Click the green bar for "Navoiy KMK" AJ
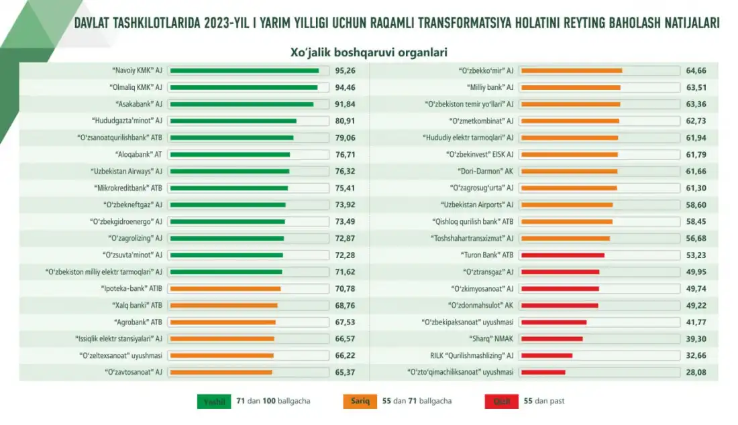pos(244,70)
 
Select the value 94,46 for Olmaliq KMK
pos(345,87)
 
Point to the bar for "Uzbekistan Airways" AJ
pos(229,171)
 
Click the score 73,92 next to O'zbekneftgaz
pos(345,205)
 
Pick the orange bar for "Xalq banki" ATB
pos(224,306)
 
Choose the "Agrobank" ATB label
pos(138,322)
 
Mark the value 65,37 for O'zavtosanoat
pos(345,373)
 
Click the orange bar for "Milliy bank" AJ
pos(570,87)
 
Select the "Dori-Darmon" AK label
pos(486,171)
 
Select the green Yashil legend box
pos(214,402)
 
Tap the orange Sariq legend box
pos(360,402)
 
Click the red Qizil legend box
pos(501,402)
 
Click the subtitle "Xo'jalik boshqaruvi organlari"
pos(368,52)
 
